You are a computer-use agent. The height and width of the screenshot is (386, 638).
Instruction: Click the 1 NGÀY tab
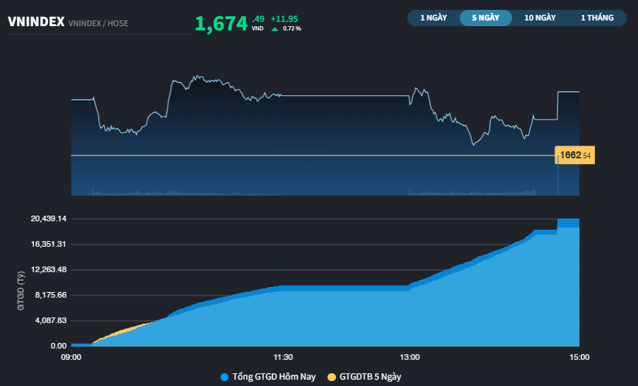pyautogui.click(x=434, y=18)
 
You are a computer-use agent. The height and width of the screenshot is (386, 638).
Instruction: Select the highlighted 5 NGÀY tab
pyautogui.click(x=485, y=18)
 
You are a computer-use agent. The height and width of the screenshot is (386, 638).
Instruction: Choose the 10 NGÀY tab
pyautogui.click(x=540, y=18)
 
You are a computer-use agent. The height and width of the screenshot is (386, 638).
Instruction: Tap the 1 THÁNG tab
pyautogui.click(x=597, y=18)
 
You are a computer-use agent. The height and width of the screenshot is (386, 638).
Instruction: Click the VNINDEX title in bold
pyautogui.click(x=36, y=22)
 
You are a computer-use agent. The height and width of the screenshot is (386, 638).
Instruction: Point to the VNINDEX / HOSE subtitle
pyautogui.click(x=98, y=23)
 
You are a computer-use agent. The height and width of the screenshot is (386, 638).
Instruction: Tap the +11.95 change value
pyautogui.click(x=286, y=18)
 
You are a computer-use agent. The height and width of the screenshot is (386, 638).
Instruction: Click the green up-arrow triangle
pyautogui.click(x=274, y=29)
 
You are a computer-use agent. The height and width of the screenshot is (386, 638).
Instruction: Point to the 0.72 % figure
pyautogui.click(x=291, y=29)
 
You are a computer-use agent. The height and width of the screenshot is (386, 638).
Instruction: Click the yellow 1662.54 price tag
pyautogui.click(x=575, y=155)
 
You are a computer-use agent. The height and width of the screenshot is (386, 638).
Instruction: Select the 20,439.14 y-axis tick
pyautogui.click(x=48, y=218)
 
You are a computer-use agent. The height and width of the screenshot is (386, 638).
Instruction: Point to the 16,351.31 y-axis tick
pyautogui.click(x=48, y=244)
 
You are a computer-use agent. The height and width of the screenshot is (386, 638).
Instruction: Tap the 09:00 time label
pyautogui.click(x=71, y=357)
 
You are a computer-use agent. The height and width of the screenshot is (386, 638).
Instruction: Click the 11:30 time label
pyautogui.click(x=283, y=357)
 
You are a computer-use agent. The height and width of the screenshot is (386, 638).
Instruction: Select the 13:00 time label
pyautogui.click(x=410, y=357)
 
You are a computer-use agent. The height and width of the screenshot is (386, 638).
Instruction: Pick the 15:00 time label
pyautogui.click(x=579, y=357)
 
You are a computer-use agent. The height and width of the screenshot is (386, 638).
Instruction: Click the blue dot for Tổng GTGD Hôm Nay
pyautogui.click(x=225, y=377)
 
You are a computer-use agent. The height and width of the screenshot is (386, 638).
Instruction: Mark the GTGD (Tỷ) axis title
pyautogui.click(x=21, y=291)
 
